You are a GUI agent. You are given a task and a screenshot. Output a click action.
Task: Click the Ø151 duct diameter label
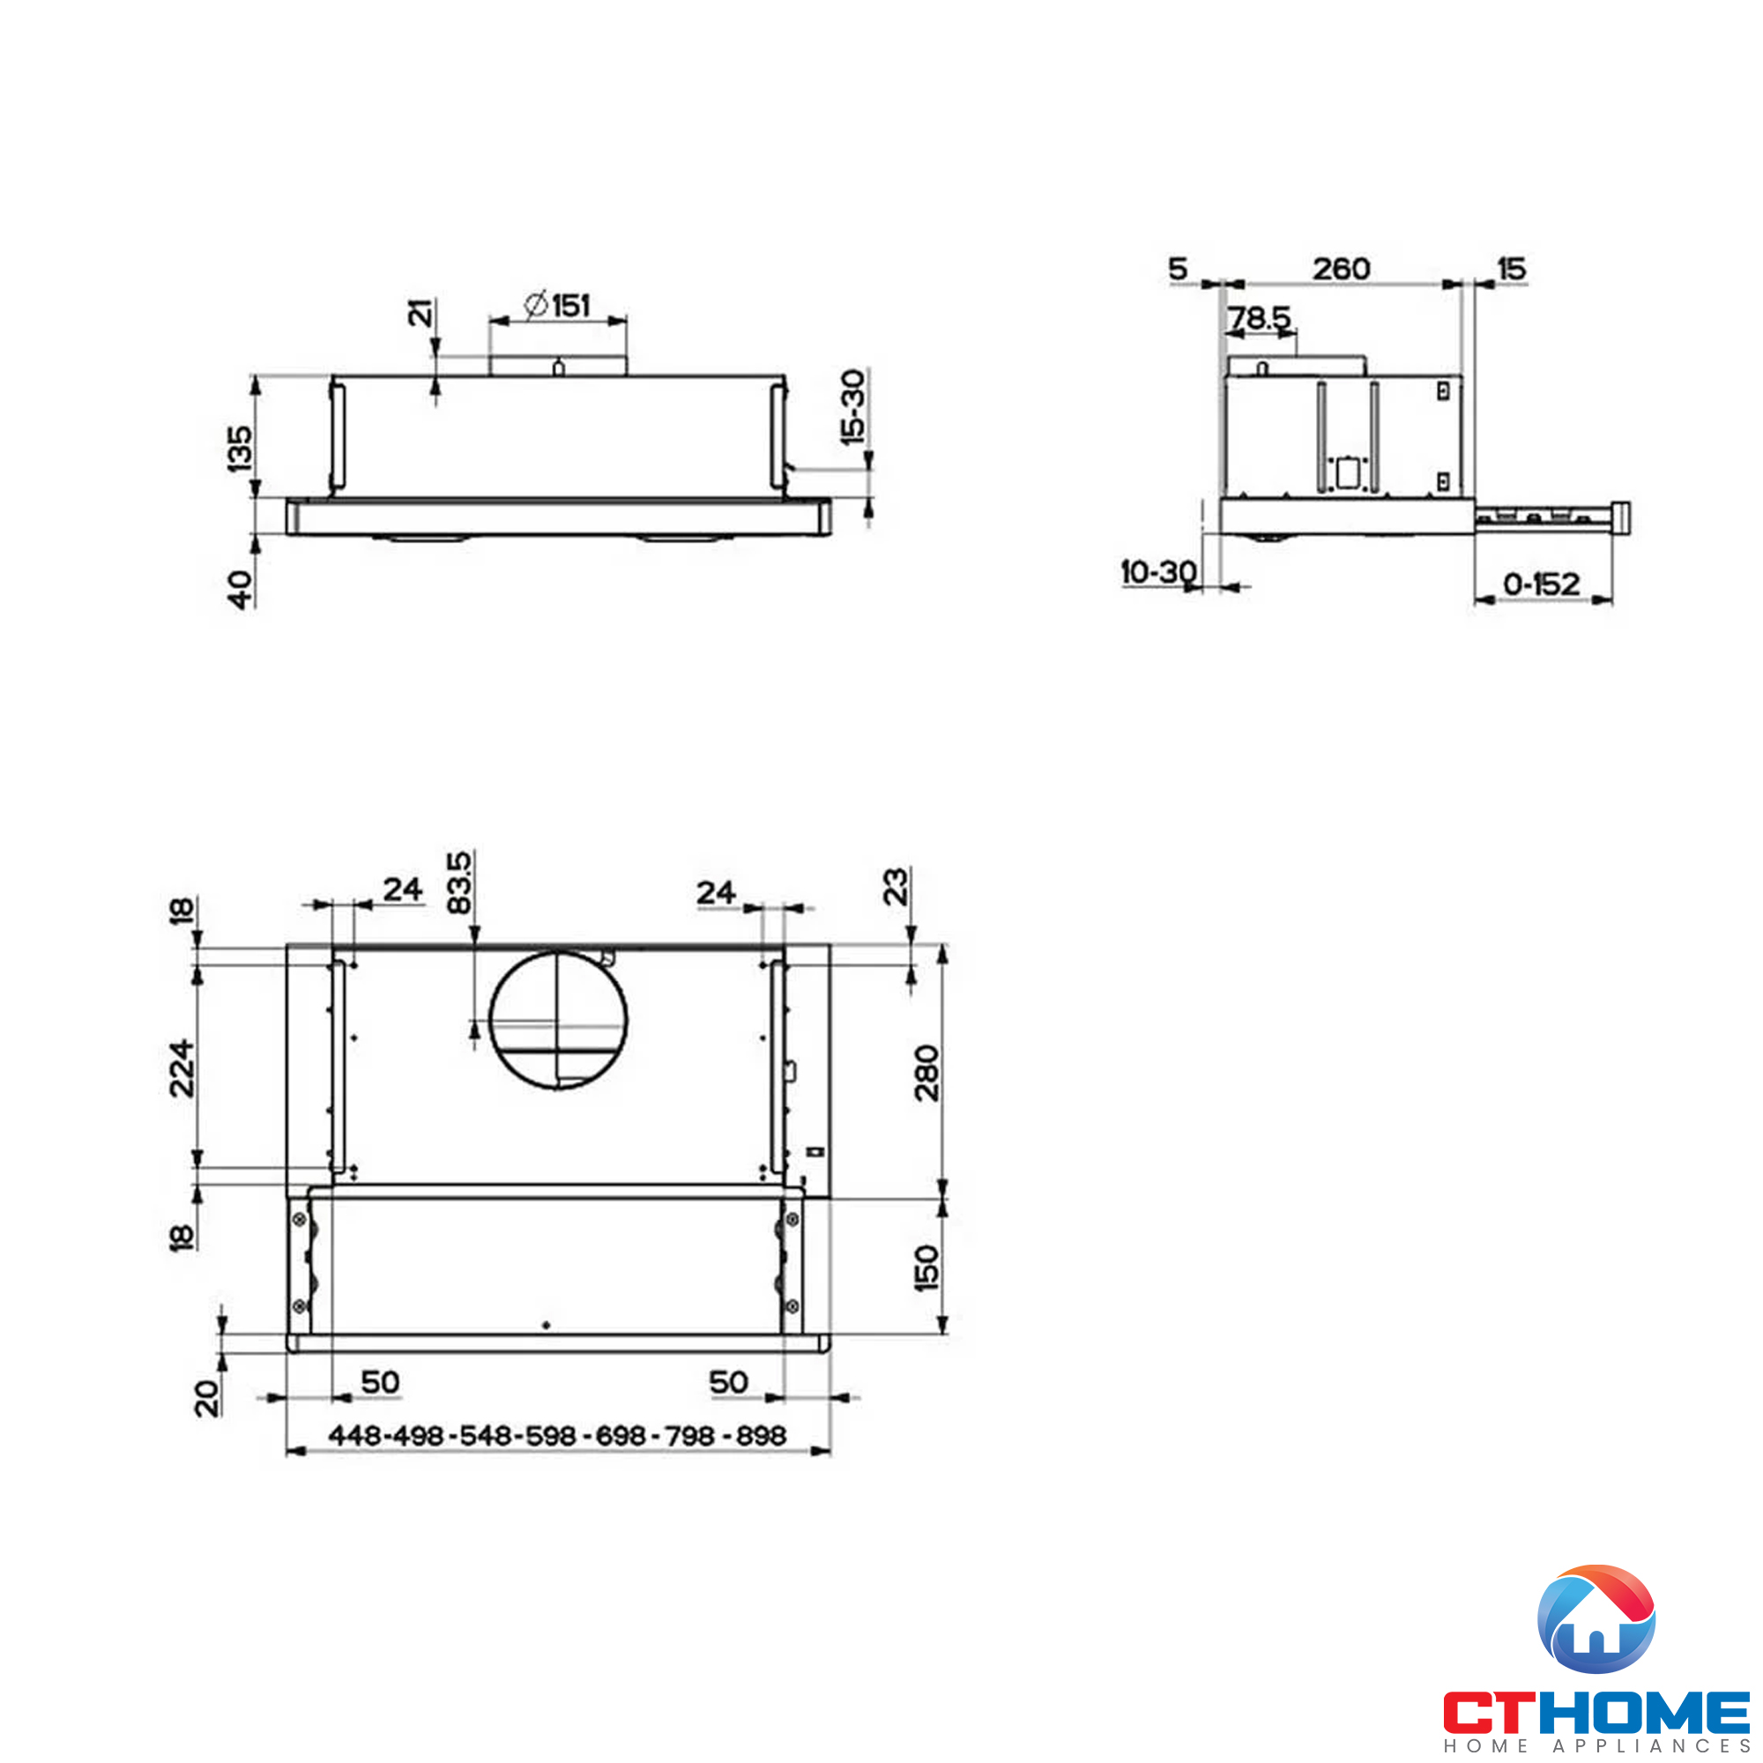point(559,305)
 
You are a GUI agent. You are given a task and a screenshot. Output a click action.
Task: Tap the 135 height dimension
point(240,448)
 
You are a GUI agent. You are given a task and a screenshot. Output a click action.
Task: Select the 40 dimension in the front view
point(240,589)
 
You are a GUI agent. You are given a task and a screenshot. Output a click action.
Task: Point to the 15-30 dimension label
point(852,407)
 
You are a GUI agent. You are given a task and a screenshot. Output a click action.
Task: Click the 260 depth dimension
point(1341,269)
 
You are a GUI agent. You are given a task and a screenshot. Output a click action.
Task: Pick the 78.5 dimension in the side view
point(1259,317)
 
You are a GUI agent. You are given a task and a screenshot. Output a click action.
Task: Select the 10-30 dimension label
point(1158,572)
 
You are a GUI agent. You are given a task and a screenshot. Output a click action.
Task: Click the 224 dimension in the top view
point(182,1067)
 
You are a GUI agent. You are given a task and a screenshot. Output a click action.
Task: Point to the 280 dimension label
point(926,1073)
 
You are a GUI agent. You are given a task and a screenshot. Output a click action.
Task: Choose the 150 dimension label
point(926,1268)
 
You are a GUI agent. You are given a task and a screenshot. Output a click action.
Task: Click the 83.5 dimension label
point(459,882)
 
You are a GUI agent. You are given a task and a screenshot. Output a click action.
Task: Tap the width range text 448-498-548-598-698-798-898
point(556,1435)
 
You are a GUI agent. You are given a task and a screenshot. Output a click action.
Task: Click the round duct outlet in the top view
point(559,1019)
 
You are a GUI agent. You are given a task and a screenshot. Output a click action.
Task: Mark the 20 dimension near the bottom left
point(207,1398)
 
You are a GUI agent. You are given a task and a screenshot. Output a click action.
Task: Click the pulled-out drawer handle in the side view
point(1621,517)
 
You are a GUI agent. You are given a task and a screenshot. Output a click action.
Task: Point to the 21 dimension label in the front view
point(420,313)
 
